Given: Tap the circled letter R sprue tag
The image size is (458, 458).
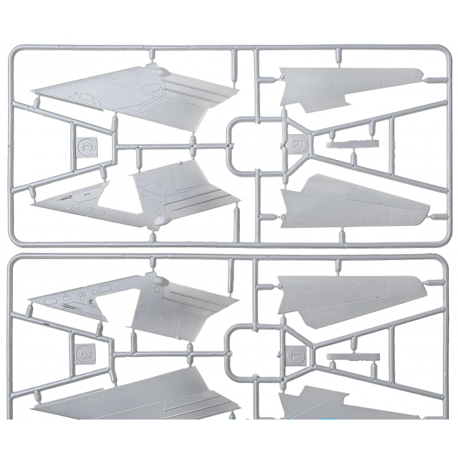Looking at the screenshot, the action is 297,144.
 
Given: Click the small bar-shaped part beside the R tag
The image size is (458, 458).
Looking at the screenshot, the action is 352,144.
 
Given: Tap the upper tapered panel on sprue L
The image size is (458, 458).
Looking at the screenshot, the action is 350,298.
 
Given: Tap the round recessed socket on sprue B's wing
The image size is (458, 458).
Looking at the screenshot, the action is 92,300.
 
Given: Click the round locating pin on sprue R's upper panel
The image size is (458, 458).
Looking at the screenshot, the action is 282,77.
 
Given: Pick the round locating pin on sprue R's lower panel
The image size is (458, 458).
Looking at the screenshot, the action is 284,217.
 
